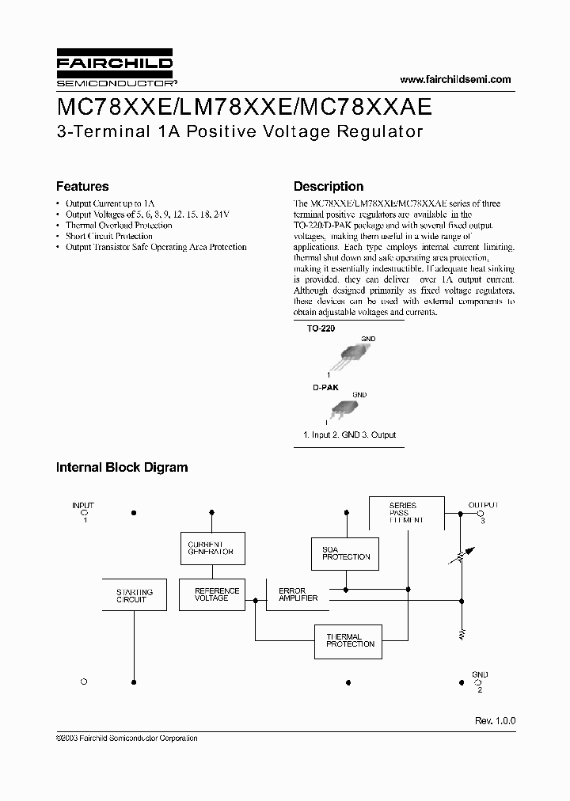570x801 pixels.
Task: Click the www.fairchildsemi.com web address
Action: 455,79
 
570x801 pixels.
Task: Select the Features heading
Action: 82,187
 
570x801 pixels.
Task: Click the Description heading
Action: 329,187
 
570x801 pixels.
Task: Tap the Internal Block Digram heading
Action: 122,467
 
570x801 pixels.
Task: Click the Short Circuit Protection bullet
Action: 109,236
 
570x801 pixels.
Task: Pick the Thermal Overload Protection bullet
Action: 119,225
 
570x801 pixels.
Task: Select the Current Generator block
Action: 211,549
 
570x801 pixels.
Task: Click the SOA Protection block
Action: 346,552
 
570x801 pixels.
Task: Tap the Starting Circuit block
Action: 135,595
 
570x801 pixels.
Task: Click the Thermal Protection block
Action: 349,640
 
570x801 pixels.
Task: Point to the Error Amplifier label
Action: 298,594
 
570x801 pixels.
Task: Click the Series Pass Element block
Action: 407,513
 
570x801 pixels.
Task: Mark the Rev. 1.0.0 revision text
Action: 495,721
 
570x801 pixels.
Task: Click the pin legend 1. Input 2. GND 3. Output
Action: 349,435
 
